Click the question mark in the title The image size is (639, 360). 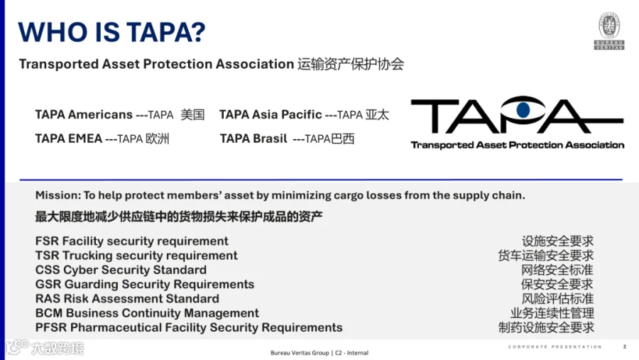[x=197, y=32]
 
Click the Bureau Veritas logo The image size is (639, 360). [x=609, y=31]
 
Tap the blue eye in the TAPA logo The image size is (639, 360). [x=523, y=109]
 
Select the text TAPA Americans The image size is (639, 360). [x=84, y=114]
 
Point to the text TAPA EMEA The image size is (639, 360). [x=68, y=138]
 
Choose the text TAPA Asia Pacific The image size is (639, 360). [x=271, y=114]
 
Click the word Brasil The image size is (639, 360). [x=271, y=138]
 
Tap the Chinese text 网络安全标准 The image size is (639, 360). [x=557, y=270]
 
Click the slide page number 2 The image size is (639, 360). [x=624, y=347]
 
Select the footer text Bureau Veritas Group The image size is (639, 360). [x=300, y=353]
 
